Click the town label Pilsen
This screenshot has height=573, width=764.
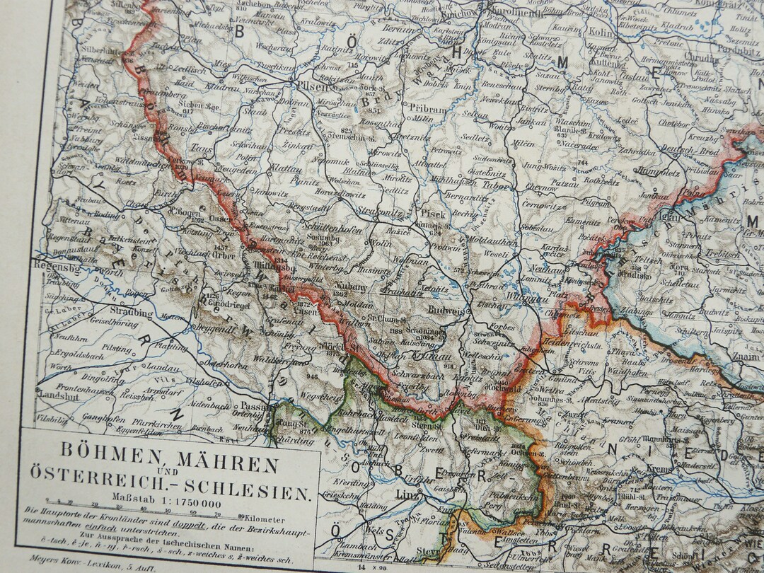[x=310, y=88]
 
